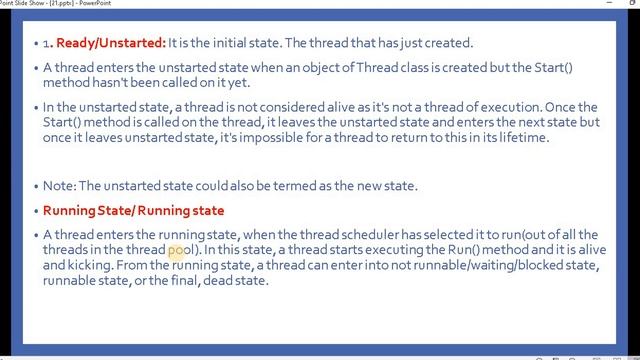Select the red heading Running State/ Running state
point(133,211)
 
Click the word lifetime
point(518,137)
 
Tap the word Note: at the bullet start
point(59,186)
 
